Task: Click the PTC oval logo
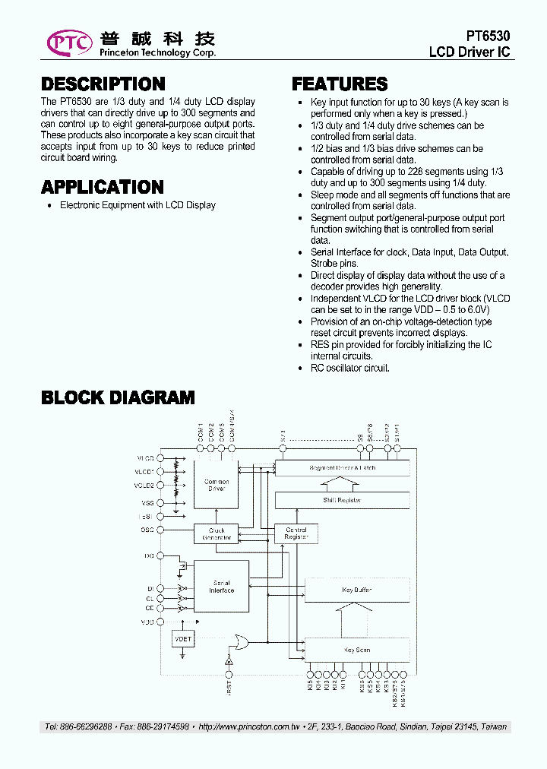tap(69, 43)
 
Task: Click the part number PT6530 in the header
tap(488, 36)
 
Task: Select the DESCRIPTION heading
tap(103, 84)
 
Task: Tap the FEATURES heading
tap(340, 84)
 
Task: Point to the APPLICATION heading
tap(103, 187)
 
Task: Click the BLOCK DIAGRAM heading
tap(118, 397)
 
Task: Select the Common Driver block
tap(217, 485)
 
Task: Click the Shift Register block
tap(342, 500)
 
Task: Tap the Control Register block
tap(296, 533)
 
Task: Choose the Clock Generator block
tap(217, 533)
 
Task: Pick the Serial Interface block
tap(221, 587)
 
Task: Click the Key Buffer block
tap(357, 590)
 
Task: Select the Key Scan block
tap(357, 650)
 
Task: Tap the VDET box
tap(183, 640)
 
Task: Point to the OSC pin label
tap(147, 530)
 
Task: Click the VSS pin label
tap(147, 503)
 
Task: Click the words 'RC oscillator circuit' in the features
tap(350, 368)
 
